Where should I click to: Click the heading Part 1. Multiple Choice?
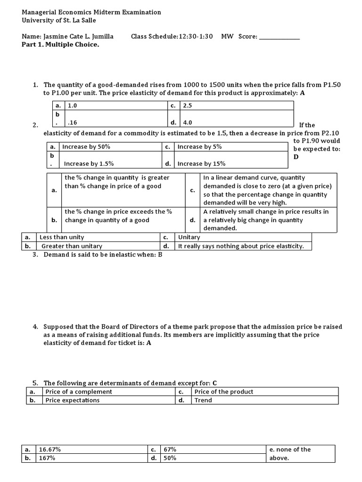click(61, 45)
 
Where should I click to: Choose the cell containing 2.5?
click(187, 106)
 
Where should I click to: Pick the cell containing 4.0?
click(187, 122)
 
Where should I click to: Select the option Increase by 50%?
click(86, 147)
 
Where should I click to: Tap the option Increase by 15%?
click(201, 164)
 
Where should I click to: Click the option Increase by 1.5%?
click(89, 164)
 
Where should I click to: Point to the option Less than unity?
click(62, 237)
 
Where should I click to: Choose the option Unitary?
click(189, 237)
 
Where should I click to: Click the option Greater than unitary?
click(72, 246)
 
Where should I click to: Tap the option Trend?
click(203, 400)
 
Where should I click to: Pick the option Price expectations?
click(72, 400)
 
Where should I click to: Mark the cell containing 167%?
click(47, 458)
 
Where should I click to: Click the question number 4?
click(34, 327)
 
